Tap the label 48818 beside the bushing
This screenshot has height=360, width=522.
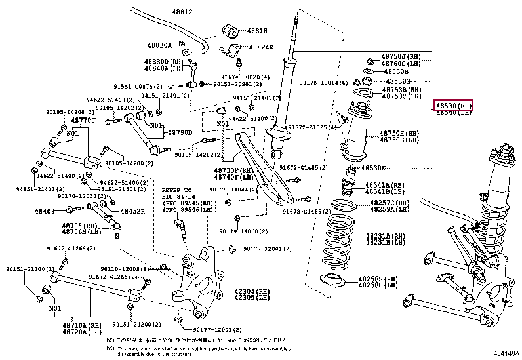[257, 30]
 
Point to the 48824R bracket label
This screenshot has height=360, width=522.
[260, 47]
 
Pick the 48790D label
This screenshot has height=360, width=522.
[180, 133]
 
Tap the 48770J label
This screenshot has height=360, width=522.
[83, 120]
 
